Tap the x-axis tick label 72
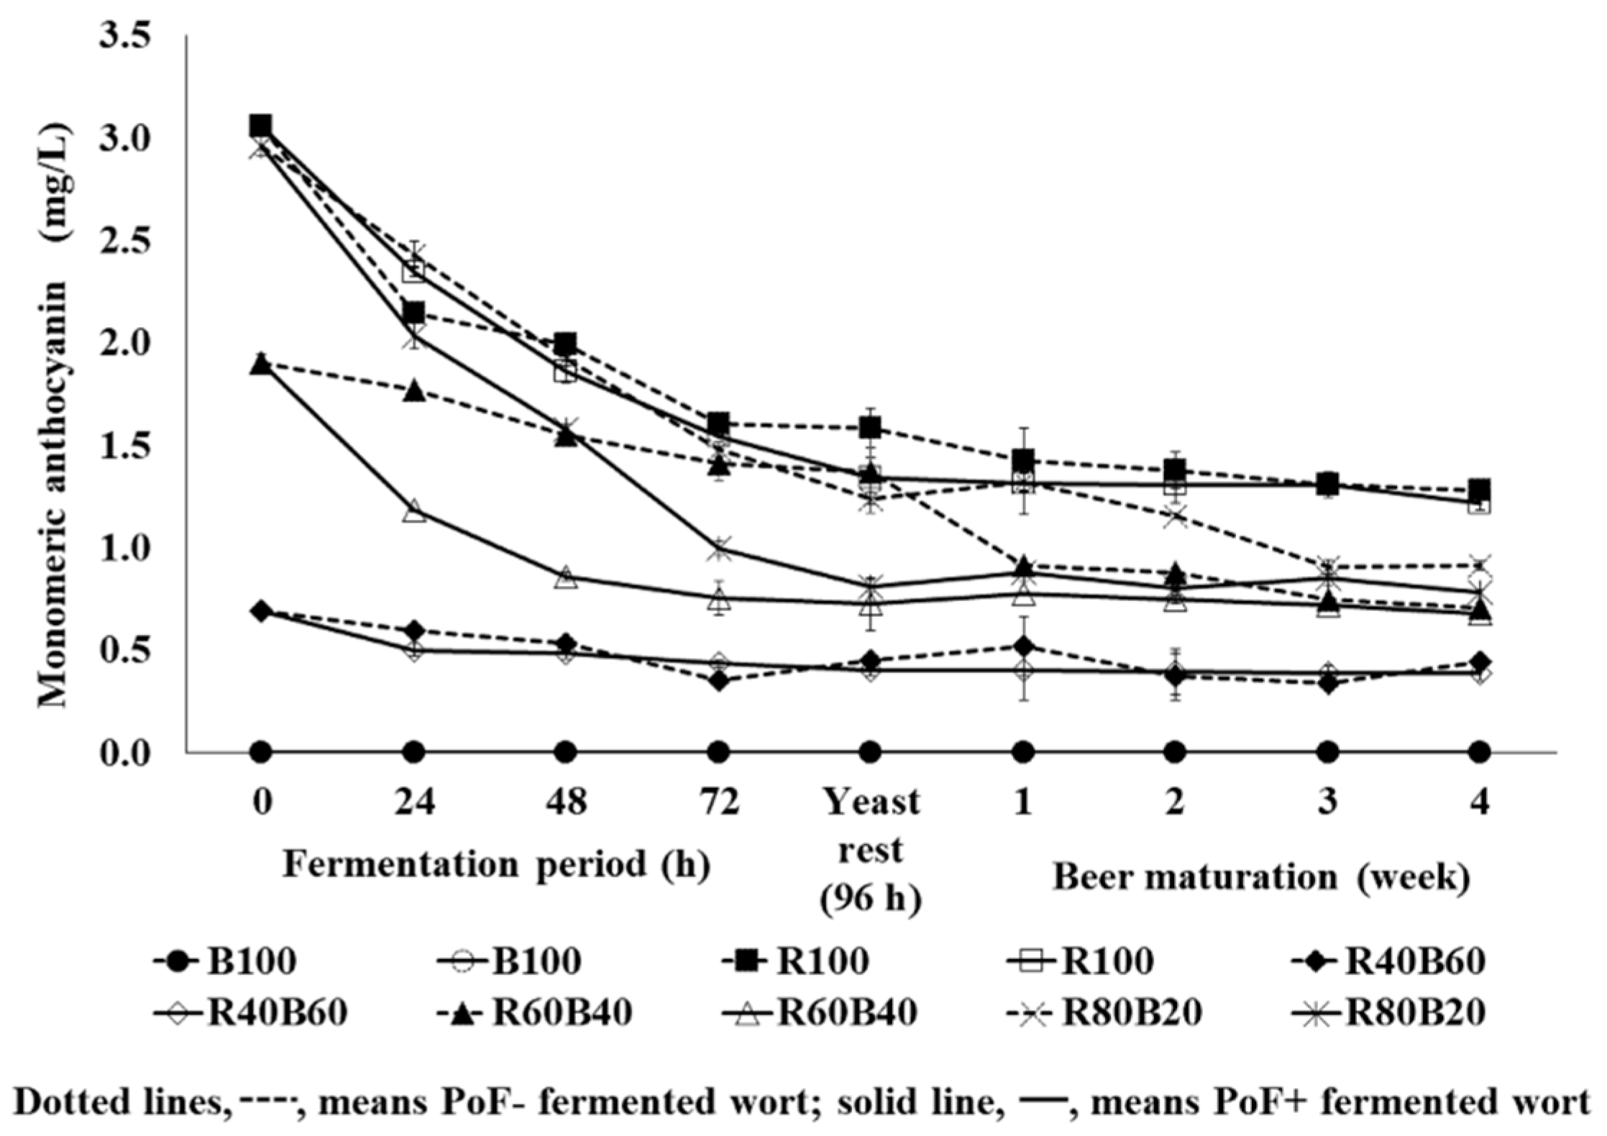(718, 802)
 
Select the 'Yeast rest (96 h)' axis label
(871, 849)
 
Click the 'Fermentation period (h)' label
(496, 864)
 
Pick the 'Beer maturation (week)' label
(1260, 878)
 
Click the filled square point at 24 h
(413, 313)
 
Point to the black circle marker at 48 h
(566, 753)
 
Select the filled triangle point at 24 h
(413, 391)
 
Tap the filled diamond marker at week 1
(1023, 646)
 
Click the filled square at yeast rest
(871, 428)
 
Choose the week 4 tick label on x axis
(1479, 802)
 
